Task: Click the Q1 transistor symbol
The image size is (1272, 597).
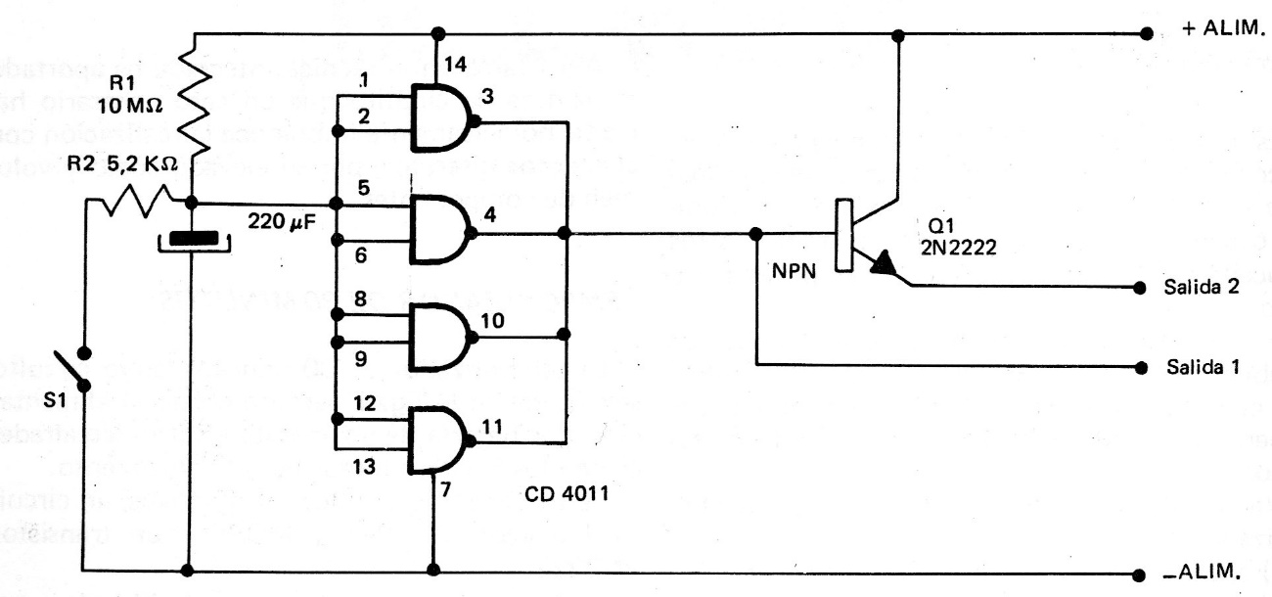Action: point(861,236)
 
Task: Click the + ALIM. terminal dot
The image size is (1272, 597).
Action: point(1146,33)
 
